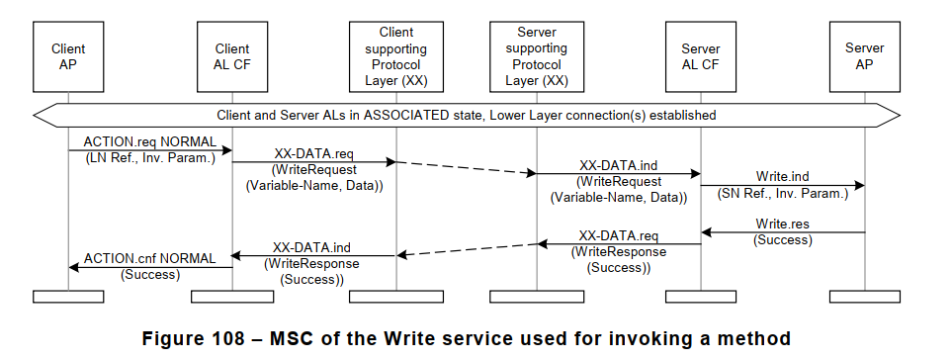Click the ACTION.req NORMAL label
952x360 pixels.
click(x=148, y=141)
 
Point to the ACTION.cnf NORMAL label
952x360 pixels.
click(x=148, y=258)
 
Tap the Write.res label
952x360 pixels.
click(x=783, y=225)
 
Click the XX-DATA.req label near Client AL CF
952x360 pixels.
click(x=313, y=156)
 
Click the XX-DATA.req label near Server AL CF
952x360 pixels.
click(x=618, y=236)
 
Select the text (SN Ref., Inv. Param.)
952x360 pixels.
click(x=783, y=194)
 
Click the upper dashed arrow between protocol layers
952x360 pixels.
click(x=466, y=167)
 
